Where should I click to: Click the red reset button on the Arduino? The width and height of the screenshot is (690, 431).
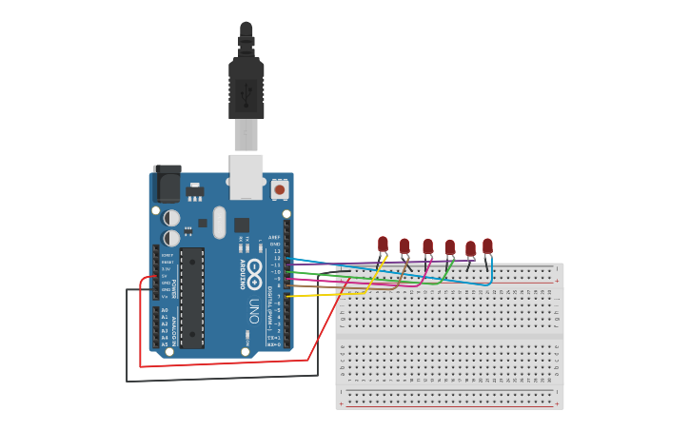click(x=280, y=189)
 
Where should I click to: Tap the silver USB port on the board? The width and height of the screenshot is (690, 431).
click(x=246, y=176)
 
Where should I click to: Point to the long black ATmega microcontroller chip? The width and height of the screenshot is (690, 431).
click(x=192, y=297)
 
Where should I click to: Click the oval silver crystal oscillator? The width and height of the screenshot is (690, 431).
click(x=220, y=223)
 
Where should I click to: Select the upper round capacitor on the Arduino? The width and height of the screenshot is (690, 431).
click(x=171, y=218)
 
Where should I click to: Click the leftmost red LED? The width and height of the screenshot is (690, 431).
click(x=383, y=245)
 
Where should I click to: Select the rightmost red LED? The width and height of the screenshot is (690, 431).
click(x=487, y=246)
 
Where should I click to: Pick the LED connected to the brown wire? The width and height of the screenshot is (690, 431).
click(x=404, y=247)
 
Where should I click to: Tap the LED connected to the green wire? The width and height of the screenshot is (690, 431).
click(x=449, y=248)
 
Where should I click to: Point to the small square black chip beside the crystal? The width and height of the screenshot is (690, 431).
click(x=242, y=225)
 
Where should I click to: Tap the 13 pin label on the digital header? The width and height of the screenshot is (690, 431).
click(x=277, y=251)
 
